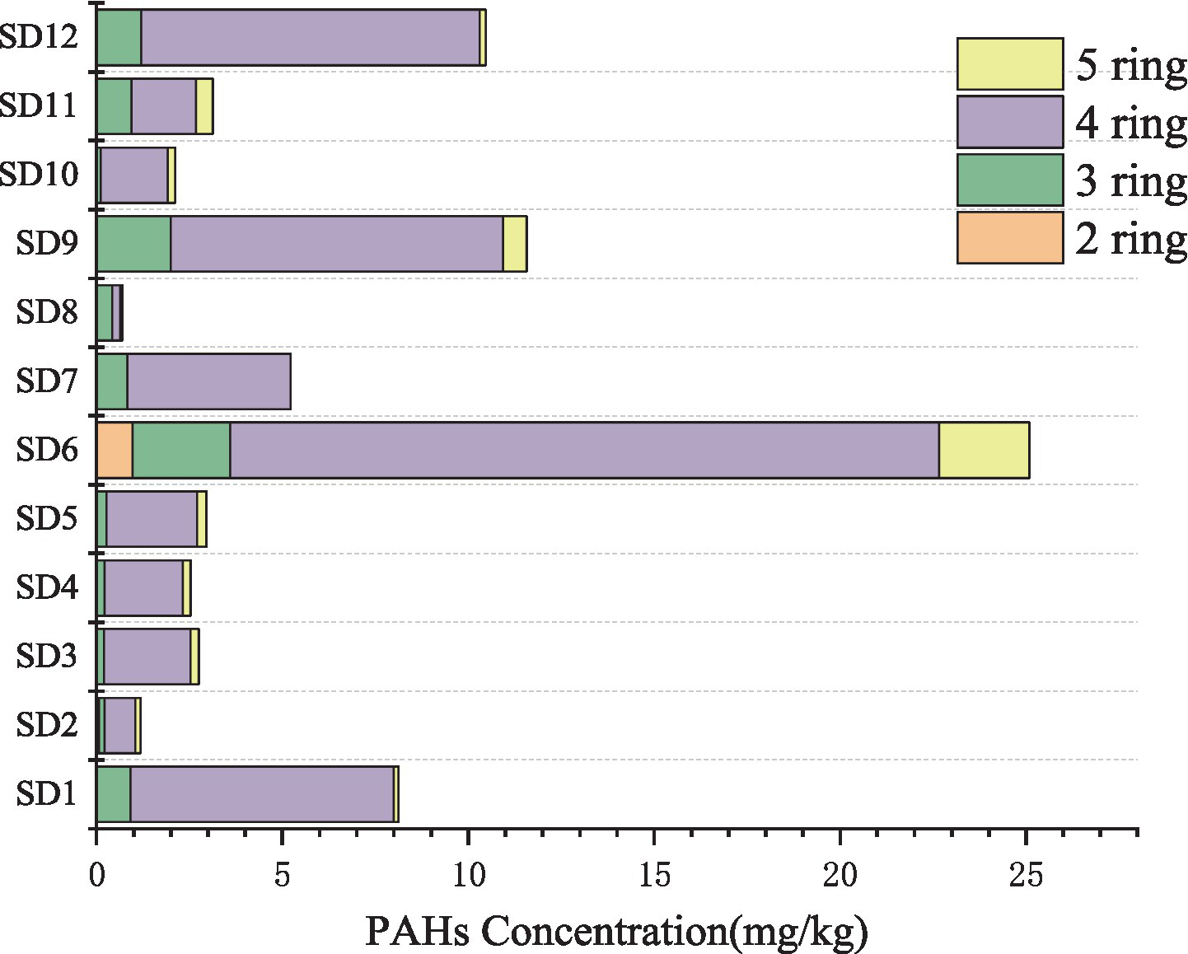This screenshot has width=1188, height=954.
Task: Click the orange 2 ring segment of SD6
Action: (115, 450)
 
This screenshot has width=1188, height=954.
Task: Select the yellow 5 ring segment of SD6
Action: (984, 450)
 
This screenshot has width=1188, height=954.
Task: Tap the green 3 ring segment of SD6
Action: (181, 450)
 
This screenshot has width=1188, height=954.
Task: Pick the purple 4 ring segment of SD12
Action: (311, 37)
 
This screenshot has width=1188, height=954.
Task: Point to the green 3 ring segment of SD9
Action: (133, 244)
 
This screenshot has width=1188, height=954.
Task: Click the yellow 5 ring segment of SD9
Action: (515, 244)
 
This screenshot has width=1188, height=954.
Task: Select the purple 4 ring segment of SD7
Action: (208, 381)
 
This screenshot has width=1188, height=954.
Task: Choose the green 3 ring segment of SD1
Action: (114, 793)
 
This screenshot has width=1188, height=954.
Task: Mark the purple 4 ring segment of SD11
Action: (164, 106)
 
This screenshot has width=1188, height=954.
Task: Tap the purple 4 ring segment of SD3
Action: (147, 657)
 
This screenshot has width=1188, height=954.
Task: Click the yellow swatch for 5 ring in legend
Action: (1010, 63)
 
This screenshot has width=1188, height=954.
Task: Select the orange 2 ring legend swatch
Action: (1010, 237)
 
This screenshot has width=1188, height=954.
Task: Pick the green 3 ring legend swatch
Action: (1010, 180)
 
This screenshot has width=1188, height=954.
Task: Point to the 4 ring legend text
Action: (1131, 123)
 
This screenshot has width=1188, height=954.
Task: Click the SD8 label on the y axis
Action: (47, 313)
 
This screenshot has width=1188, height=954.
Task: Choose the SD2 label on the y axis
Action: (47, 725)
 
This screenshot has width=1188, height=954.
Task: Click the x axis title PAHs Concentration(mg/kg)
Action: (616, 932)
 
